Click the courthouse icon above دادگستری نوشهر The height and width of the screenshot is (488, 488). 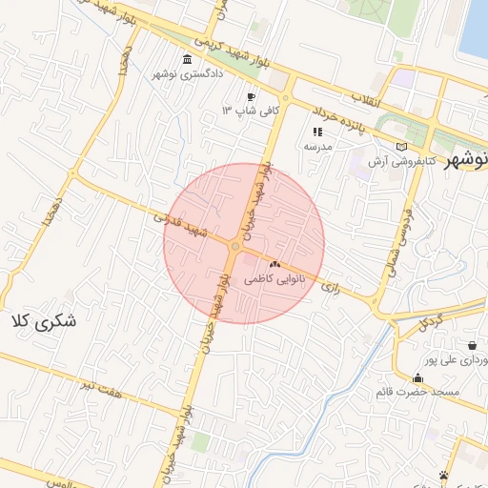pyautogui.click(x=183, y=59)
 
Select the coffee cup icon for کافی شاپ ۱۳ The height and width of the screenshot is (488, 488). pyautogui.click(x=251, y=96)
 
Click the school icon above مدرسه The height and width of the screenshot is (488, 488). pyautogui.click(x=317, y=132)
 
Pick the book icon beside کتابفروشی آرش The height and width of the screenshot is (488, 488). pyautogui.click(x=401, y=147)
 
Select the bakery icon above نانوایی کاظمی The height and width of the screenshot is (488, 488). pyautogui.click(x=275, y=264)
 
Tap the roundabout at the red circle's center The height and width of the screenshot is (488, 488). pyautogui.click(x=234, y=248)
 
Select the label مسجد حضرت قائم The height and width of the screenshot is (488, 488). pyautogui.click(x=418, y=392)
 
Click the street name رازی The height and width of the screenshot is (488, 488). pyautogui.click(x=331, y=285)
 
